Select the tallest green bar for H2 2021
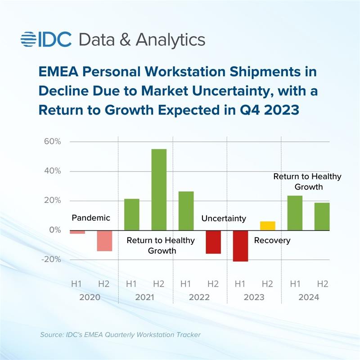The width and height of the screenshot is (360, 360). click(159, 189)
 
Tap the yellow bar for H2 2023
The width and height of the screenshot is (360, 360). click(268, 225)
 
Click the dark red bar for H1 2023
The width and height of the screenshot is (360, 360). click(240, 246)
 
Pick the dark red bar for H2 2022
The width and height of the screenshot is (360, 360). click(213, 242)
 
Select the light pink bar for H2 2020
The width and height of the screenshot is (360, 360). click(104, 241)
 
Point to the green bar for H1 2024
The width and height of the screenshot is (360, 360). click(295, 213)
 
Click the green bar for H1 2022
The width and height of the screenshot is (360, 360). click(186, 211)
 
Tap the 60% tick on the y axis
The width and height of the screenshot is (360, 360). click(52, 142)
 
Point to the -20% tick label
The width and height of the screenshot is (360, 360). click(51, 260)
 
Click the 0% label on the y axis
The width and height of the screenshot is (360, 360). click(54, 230)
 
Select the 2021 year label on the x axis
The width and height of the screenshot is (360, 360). click(145, 297)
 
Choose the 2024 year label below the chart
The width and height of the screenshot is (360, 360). click(308, 297)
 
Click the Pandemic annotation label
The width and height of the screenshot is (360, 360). click(91, 218)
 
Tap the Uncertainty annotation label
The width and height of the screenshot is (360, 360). click(224, 219)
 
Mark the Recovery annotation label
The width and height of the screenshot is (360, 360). click(272, 241)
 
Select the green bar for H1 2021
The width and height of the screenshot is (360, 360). click(131, 214)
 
